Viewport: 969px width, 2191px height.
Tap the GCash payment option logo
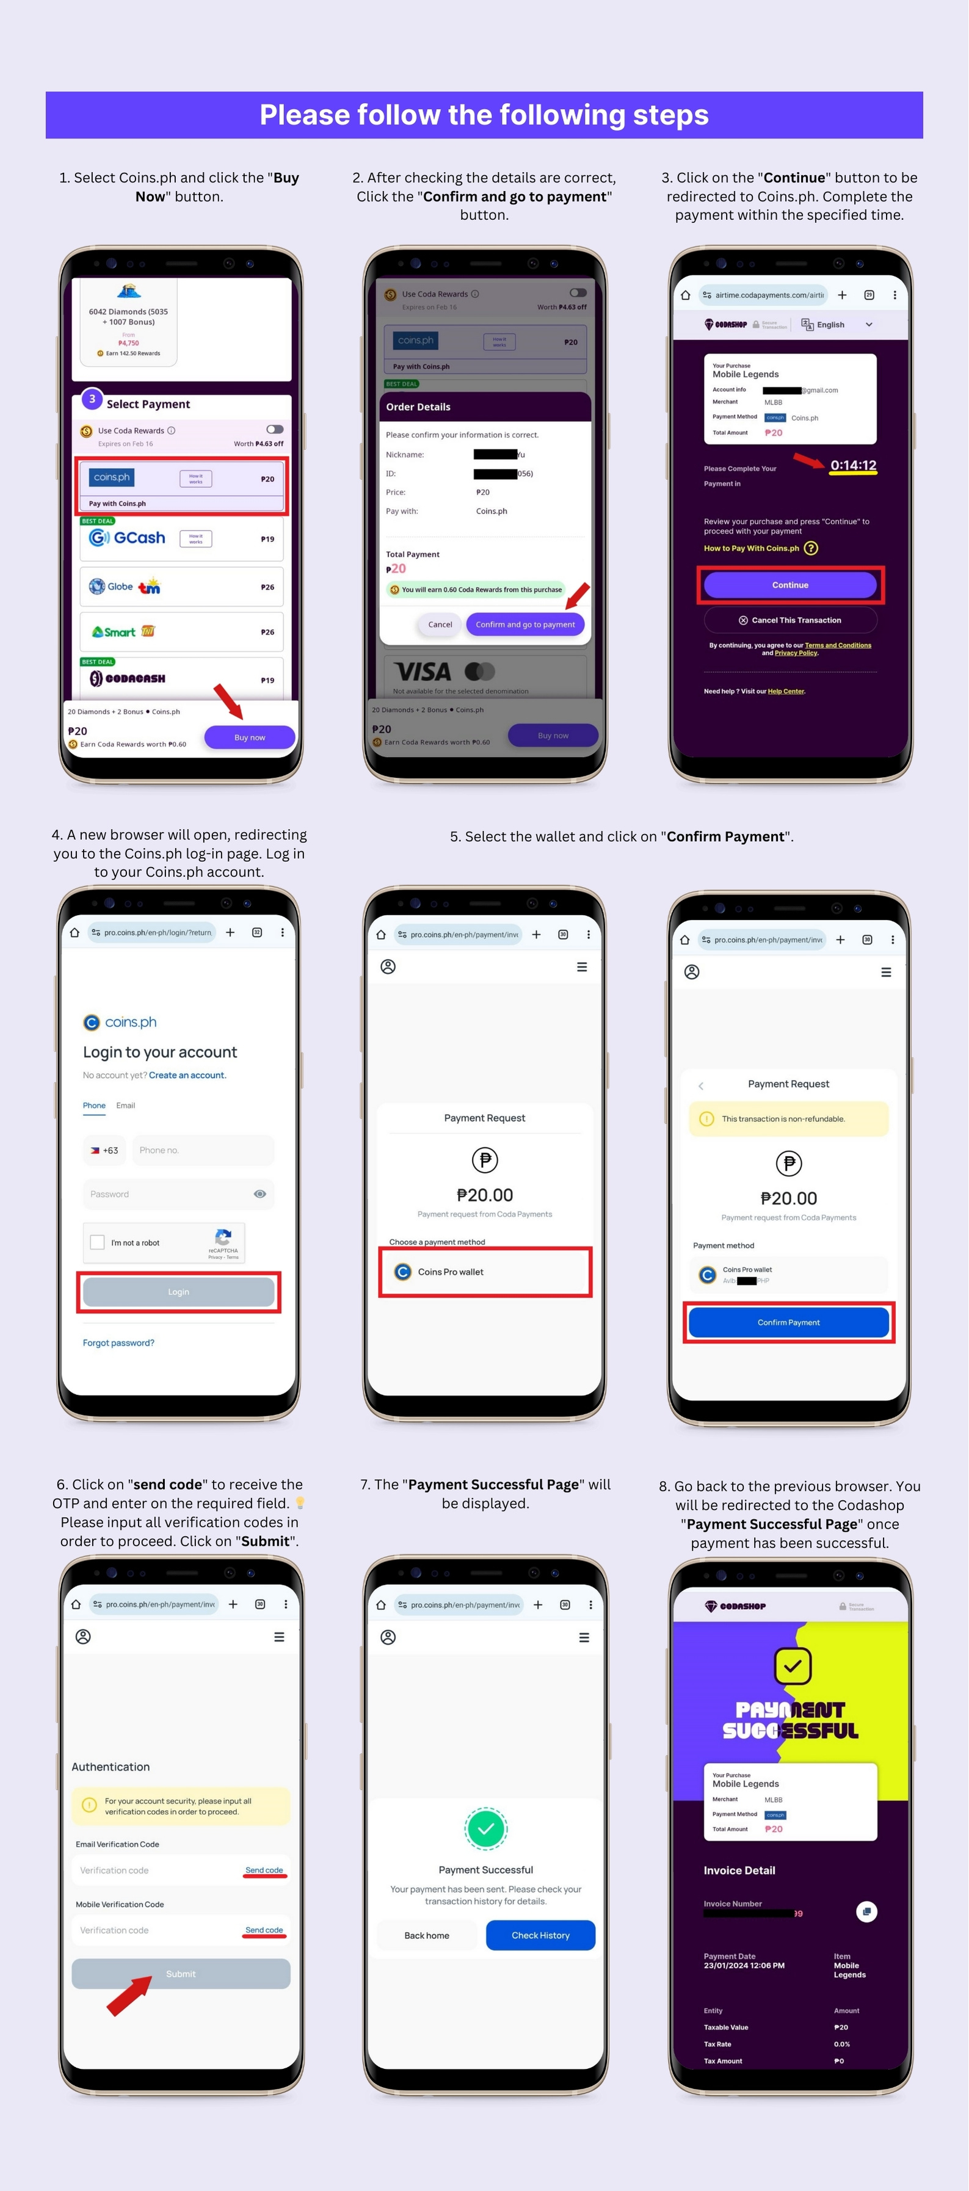128,538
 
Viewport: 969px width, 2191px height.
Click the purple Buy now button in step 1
249,737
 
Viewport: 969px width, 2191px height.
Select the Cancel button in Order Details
440,625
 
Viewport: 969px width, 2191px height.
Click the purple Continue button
789,585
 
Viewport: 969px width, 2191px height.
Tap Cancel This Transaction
789,620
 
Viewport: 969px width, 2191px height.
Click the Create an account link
187,1075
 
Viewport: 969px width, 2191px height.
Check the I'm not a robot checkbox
98,1243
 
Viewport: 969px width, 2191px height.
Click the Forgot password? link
118,1343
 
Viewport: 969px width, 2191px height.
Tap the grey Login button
179,1292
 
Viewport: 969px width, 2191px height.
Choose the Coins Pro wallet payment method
484,1272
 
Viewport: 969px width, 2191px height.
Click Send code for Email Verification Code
264,1870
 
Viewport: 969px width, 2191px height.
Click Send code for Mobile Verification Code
264,1930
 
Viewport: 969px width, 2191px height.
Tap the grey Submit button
180,1974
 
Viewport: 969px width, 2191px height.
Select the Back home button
426,1936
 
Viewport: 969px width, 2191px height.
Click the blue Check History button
540,1936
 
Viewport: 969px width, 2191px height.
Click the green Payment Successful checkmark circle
486,1828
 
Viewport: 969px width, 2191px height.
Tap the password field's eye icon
259,1194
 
